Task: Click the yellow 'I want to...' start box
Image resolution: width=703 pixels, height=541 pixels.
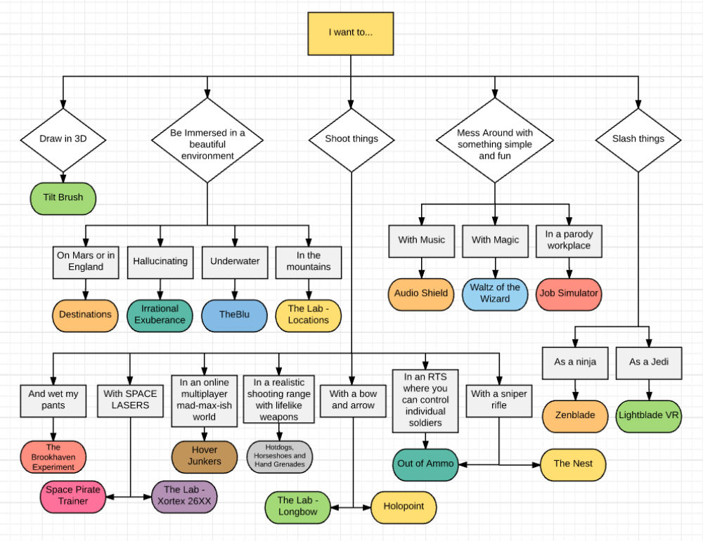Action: tap(351, 32)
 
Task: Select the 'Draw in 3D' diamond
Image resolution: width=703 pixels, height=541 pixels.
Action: tap(63, 139)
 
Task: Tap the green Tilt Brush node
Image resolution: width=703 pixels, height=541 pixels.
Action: tap(63, 197)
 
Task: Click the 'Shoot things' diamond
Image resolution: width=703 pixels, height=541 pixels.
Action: tap(351, 139)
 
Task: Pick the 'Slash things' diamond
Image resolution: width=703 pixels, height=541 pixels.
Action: tap(638, 139)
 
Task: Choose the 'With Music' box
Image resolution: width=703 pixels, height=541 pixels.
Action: tap(421, 240)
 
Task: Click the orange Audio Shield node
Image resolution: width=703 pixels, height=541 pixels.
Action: tap(421, 293)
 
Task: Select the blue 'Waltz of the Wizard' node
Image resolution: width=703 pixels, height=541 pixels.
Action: tap(495, 293)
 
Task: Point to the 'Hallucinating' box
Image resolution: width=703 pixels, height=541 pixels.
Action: tap(160, 261)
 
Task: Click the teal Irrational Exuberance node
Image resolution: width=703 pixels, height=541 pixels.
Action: tap(160, 314)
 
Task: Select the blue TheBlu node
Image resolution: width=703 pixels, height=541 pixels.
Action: tap(234, 314)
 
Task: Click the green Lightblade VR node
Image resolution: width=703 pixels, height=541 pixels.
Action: tap(650, 415)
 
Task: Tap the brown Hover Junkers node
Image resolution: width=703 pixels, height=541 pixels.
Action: tap(205, 455)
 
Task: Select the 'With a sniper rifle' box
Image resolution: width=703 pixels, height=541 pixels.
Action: tap(499, 400)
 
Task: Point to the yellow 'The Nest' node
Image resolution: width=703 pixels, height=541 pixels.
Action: tap(572, 464)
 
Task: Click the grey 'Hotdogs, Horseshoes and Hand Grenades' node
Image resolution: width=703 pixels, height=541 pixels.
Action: tap(279, 455)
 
